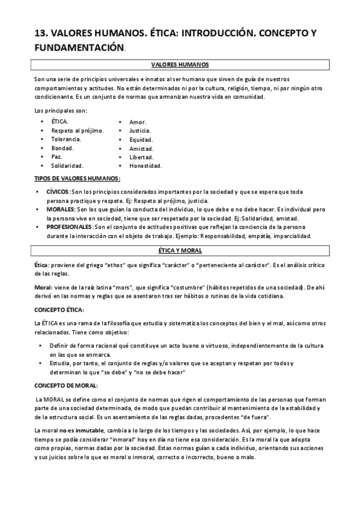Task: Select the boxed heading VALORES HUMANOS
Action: (x=180, y=65)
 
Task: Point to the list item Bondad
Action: (x=62, y=148)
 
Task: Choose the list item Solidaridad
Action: (x=67, y=165)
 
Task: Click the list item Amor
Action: (x=138, y=121)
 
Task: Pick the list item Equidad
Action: (x=141, y=139)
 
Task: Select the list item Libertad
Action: (x=141, y=157)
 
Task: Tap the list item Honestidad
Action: (x=145, y=165)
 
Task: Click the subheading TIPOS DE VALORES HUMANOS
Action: (x=76, y=178)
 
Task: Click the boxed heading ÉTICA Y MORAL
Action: (x=180, y=250)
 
